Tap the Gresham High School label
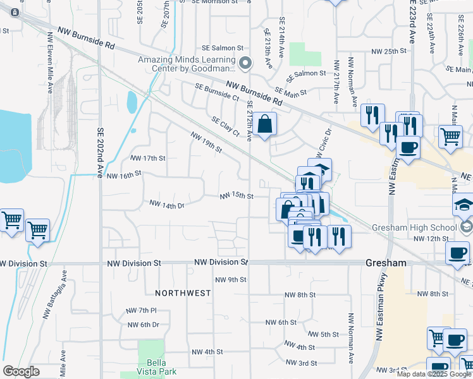tap(424, 227)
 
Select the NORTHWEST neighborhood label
tap(182, 293)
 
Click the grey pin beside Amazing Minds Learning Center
tap(245, 63)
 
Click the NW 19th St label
tap(206, 141)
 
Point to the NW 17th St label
tap(147, 158)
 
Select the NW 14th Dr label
tap(166, 204)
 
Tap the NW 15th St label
tap(236, 196)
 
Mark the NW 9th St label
tap(230, 279)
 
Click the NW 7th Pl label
tap(141, 310)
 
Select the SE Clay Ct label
tap(226, 126)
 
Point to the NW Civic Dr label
tap(322, 143)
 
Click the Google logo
tap(21, 371)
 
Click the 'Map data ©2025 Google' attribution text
tap(434, 374)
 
